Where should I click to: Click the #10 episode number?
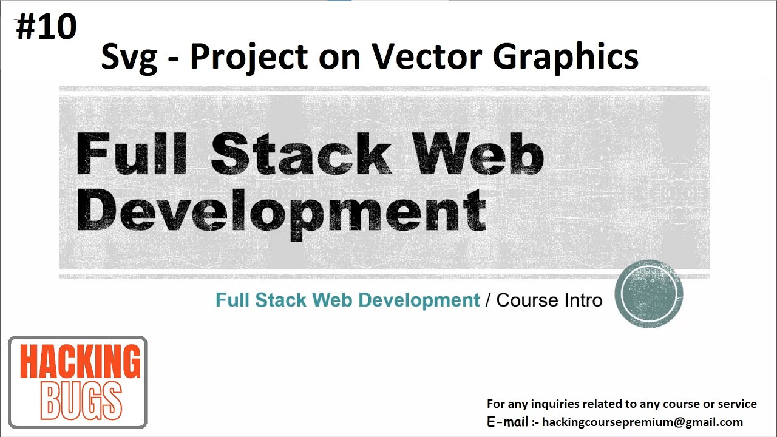pos(46,27)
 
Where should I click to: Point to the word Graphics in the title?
pos(565,57)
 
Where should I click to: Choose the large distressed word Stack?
pos(300,154)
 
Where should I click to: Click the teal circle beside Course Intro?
pos(649,294)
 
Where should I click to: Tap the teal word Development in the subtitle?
pos(419,300)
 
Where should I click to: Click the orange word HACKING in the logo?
pos(80,362)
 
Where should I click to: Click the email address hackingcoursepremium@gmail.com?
pos(642,422)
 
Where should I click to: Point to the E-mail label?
pos(507,422)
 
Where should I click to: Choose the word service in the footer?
pos(736,404)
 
